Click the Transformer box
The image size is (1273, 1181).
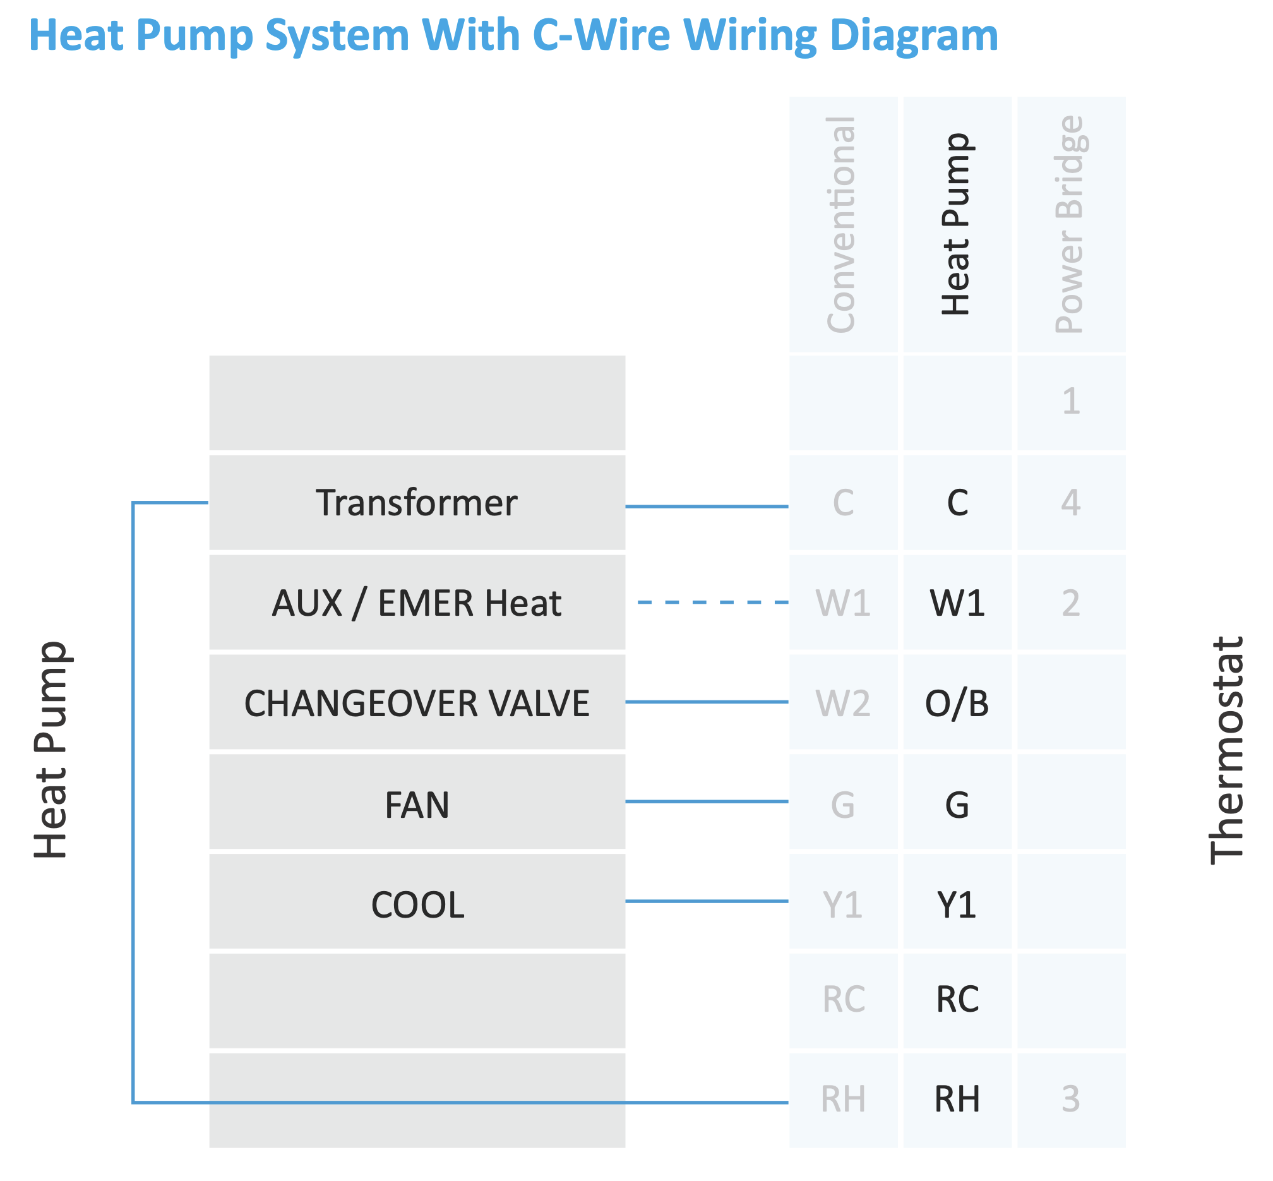[417, 502]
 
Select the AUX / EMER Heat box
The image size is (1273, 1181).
[417, 602]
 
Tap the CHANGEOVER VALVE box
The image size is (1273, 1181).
[417, 702]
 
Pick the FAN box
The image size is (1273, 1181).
[417, 803]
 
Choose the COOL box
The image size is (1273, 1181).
[417, 903]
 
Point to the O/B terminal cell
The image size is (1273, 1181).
[957, 702]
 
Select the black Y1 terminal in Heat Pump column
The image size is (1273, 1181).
[957, 904]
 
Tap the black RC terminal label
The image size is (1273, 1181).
[957, 999]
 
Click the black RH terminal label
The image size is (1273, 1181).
[957, 1098]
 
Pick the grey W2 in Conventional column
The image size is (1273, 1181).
[843, 702]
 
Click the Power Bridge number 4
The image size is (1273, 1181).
[1070, 502]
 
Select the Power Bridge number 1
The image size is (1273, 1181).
[1070, 401]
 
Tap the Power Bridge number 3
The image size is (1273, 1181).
[1070, 1098]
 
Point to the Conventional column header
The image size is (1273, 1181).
[842, 224]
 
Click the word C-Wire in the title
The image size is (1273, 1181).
[601, 35]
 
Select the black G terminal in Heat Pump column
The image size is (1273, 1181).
[957, 803]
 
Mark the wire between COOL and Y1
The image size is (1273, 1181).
[706, 901]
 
